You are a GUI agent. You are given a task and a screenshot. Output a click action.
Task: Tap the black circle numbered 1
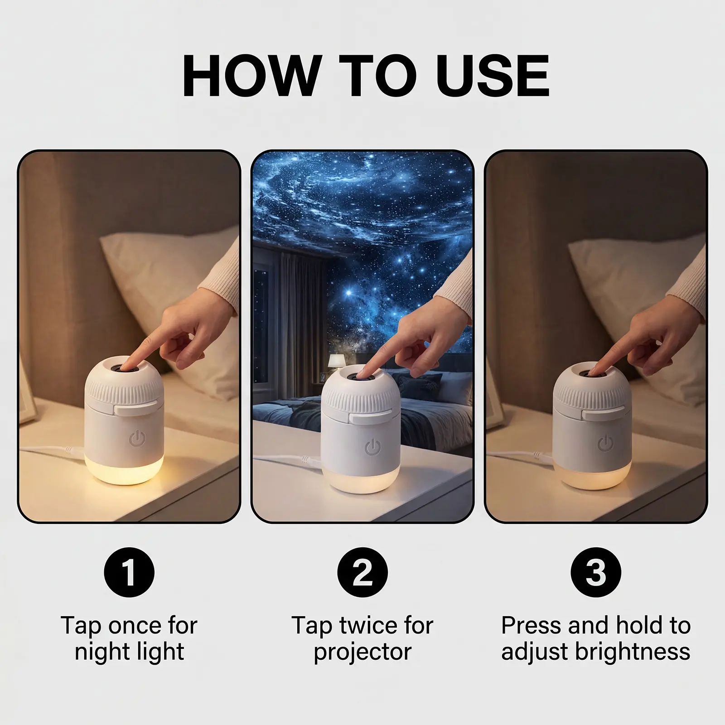point(129,572)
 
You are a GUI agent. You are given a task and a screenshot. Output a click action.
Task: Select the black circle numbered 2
point(362,572)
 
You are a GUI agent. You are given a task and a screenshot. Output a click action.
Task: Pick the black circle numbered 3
point(596,572)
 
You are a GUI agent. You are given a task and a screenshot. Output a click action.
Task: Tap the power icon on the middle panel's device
point(373,449)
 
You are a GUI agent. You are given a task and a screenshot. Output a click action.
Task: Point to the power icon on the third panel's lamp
point(606,444)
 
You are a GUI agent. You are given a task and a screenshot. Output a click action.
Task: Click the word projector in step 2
point(362,652)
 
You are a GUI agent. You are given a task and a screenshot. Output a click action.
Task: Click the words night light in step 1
point(130,652)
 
